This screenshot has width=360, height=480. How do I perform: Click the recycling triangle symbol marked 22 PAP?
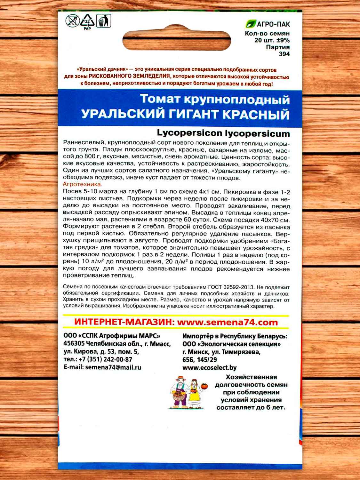tap(87, 21)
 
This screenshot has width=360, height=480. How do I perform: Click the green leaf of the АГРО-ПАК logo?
tap(251, 24)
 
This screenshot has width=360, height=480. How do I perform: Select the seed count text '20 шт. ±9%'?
tap(272, 40)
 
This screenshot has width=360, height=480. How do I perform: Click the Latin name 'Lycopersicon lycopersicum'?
tap(223, 133)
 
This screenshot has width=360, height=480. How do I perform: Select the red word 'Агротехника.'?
tap(83, 184)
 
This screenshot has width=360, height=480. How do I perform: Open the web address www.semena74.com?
tap(227, 322)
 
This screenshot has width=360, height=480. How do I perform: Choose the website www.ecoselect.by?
tap(209, 368)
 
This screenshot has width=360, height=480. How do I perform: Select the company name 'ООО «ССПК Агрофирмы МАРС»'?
tap(112, 336)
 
